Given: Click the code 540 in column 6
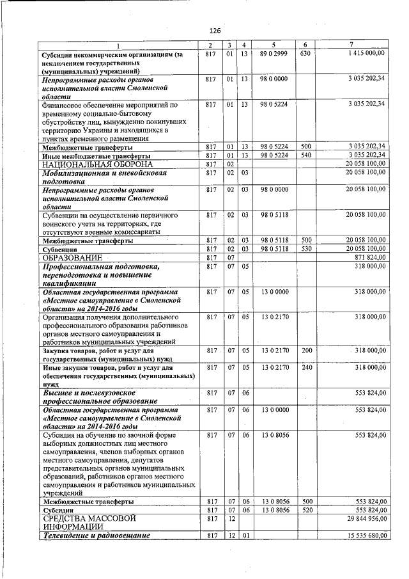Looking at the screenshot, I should click(x=307, y=155).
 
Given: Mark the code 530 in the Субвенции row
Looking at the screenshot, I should click(x=307, y=248).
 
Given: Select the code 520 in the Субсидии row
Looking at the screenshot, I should click(x=307, y=510).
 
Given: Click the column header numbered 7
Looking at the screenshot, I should click(x=351, y=44).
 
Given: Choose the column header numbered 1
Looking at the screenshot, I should click(x=117, y=44).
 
